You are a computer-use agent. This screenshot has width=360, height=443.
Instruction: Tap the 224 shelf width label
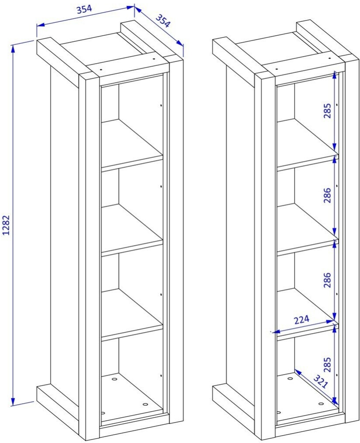(x=302, y=320)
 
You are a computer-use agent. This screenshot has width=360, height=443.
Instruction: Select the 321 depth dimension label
(x=320, y=382)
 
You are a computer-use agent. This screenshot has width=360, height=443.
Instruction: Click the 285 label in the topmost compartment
(x=327, y=111)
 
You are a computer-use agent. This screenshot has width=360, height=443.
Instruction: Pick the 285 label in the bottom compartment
(x=327, y=365)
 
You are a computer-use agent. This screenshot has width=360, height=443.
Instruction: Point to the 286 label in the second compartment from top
(x=327, y=195)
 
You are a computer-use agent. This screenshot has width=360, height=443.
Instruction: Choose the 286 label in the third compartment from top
(x=327, y=280)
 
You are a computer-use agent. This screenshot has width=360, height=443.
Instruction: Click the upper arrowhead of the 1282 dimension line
(x=13, y=48)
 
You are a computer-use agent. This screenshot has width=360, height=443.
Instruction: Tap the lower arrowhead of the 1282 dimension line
(x=13, y=402)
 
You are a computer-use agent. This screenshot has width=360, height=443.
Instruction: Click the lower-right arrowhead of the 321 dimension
(x=335, y=401)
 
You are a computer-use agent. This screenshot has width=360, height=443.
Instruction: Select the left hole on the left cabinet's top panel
(x=101, y=68)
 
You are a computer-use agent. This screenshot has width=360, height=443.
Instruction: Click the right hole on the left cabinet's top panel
(x=154, y=59)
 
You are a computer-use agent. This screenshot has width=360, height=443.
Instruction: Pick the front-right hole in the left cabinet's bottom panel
(x=145, y=405)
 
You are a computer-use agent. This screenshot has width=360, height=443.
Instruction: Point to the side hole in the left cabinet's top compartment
(x=161, y=106)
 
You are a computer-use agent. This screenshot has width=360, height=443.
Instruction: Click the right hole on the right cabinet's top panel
(x=329, y=58)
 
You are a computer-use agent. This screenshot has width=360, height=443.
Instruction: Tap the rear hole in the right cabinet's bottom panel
(x=290, y=378)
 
